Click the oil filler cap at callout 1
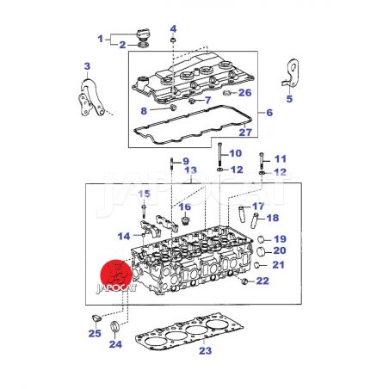click(143, 34)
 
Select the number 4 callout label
click(173, 28)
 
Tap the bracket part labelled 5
click(291, 72)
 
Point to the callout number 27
click(245, 133)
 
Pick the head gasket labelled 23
click(189, 332)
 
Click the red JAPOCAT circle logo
click(116, 275)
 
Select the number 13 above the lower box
click(191, 170)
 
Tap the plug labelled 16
click(186, 220)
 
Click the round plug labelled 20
click(261, 251)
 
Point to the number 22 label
click(262, 281)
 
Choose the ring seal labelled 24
click(114, 326)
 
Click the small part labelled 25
click(96, 318)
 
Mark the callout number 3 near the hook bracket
click(87, 66)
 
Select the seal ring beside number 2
click(143, 45)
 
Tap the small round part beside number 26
click(227, 93)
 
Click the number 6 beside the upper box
click(269, 113)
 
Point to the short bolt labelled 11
click(262, 162)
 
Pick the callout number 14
click(124, 237)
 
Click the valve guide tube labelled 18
click(255, 220)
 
